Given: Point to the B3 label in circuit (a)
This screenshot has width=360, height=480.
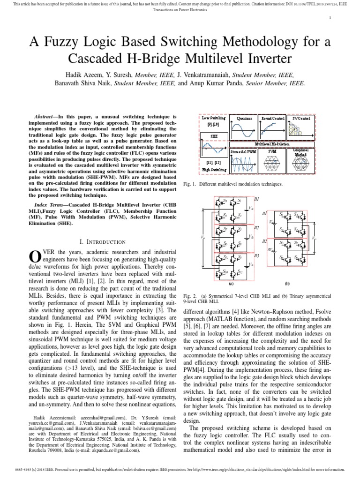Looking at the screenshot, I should coord(257,255).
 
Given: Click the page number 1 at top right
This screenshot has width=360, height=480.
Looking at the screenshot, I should coord(330,18).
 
